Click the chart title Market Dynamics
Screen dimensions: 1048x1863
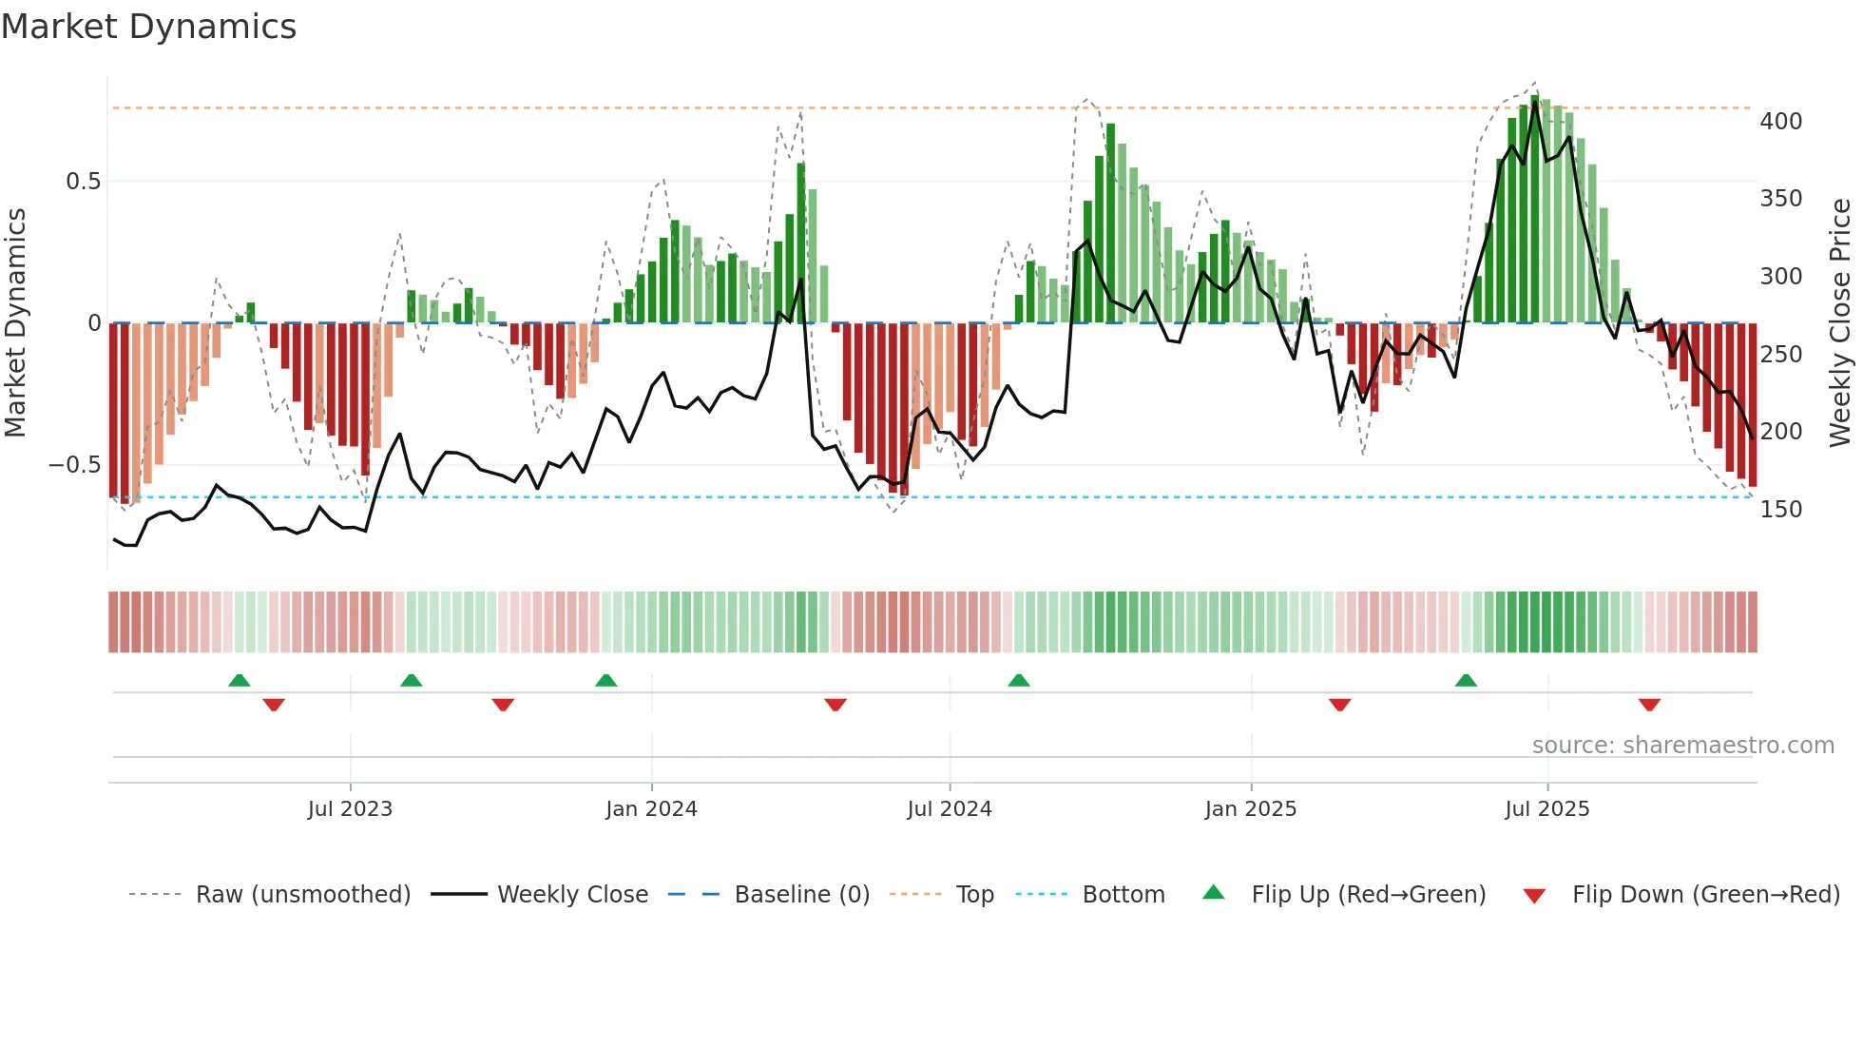pyautogui.click(x=148, y=27)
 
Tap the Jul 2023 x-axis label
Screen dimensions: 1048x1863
pyautogui.click(x=350, y=809)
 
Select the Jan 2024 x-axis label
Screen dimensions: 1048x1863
pyautogui.click(x=651, y=809)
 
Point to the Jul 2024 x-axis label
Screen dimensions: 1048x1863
pyautogui.click(x=949, y=809)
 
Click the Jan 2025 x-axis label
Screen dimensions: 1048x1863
pyautogui.click(x=1250, y=809)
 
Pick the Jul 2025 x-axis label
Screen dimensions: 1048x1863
pyautogui.click(x=1546, y=809)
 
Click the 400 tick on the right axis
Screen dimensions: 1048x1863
pyautogui.click(x=1780, y=122)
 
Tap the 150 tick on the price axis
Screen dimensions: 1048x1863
pyautogui.click(x=1780, y=510)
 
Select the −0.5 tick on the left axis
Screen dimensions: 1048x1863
pyautogui.click(x=74, y=465)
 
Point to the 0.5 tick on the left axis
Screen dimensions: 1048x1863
pyautogui.click(x=83, y=182)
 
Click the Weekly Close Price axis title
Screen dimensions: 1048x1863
pyautogui.click(x=1840, y=323)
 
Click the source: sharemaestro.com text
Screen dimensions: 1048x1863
pyautogui.click(x=1682, y=746)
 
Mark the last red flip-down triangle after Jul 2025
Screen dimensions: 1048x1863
pyautogui.click(x=1649, y=705)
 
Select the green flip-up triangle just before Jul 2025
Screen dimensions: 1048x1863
pyautogui.click(x=1466, y=680)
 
